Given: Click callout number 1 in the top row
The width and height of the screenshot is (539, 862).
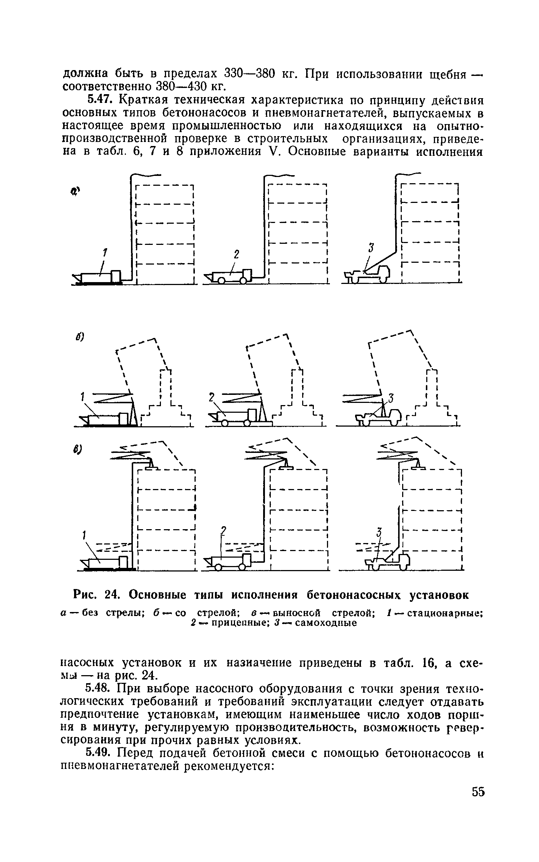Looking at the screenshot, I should (105, 252).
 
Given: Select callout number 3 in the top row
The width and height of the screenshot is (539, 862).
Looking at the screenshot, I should (371, 248).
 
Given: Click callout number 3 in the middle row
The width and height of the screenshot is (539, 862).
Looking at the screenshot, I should (391, 399).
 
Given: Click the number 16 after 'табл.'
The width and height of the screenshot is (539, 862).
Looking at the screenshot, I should (423, 663).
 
